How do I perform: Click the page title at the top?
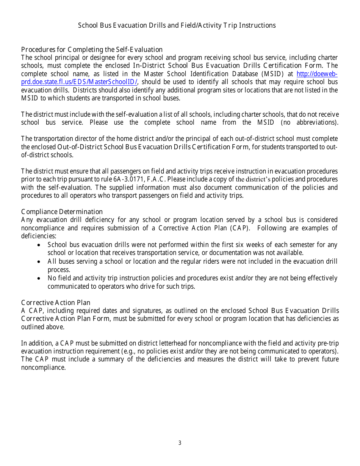[x=177, y=25]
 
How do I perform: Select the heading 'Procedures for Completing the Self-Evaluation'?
[x=92, y=50]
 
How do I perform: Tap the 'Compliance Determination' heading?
[x=62, y=212]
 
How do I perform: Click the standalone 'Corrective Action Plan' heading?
[x=56, y=302]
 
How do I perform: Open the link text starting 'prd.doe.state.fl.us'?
[x=79, y=82]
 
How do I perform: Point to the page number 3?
[x=180, y=443]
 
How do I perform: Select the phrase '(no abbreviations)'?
[x=309, y=122]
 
